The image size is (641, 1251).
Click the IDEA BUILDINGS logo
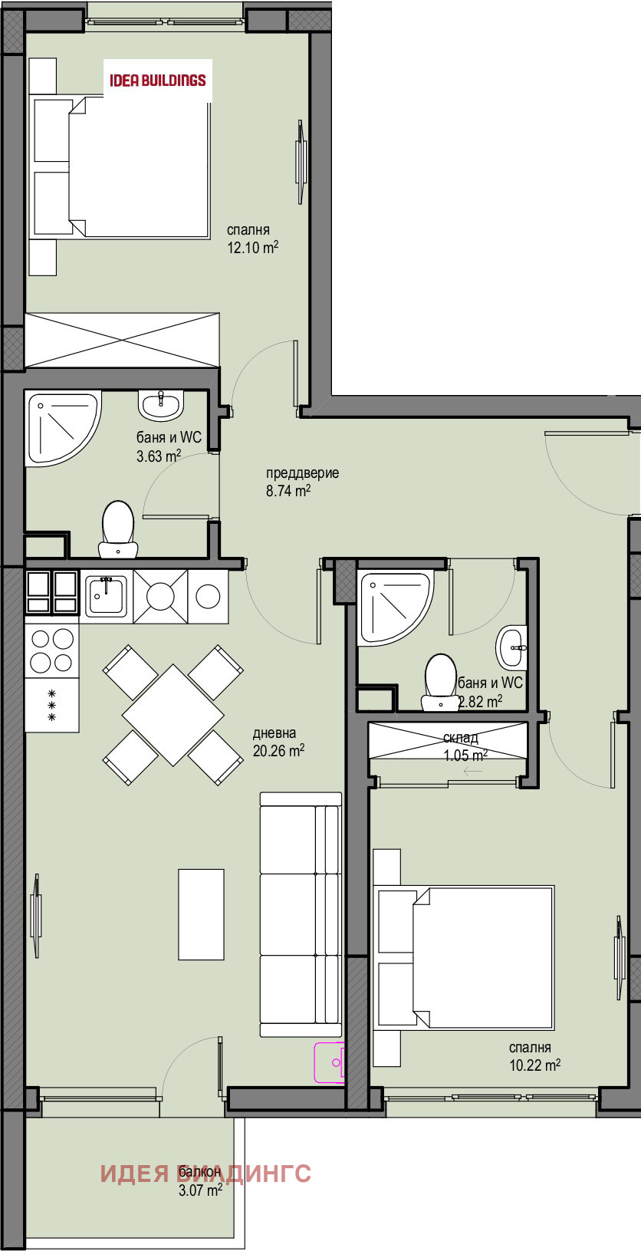click(158, 80)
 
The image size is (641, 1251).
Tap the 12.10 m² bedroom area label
click(251, 247)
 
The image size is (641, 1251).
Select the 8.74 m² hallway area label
click(288, 491)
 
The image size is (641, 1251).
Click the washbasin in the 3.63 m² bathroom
click(160, 404)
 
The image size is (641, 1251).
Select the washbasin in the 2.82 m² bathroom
click(513, 647)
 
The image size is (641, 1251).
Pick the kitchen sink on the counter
click(105, 595)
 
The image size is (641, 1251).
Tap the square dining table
click(173, 715)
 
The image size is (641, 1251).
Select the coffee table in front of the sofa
click(202, 914)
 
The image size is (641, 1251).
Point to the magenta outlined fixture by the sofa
click(330, 1062)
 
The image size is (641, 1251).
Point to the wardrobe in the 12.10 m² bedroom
click(122, 340)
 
